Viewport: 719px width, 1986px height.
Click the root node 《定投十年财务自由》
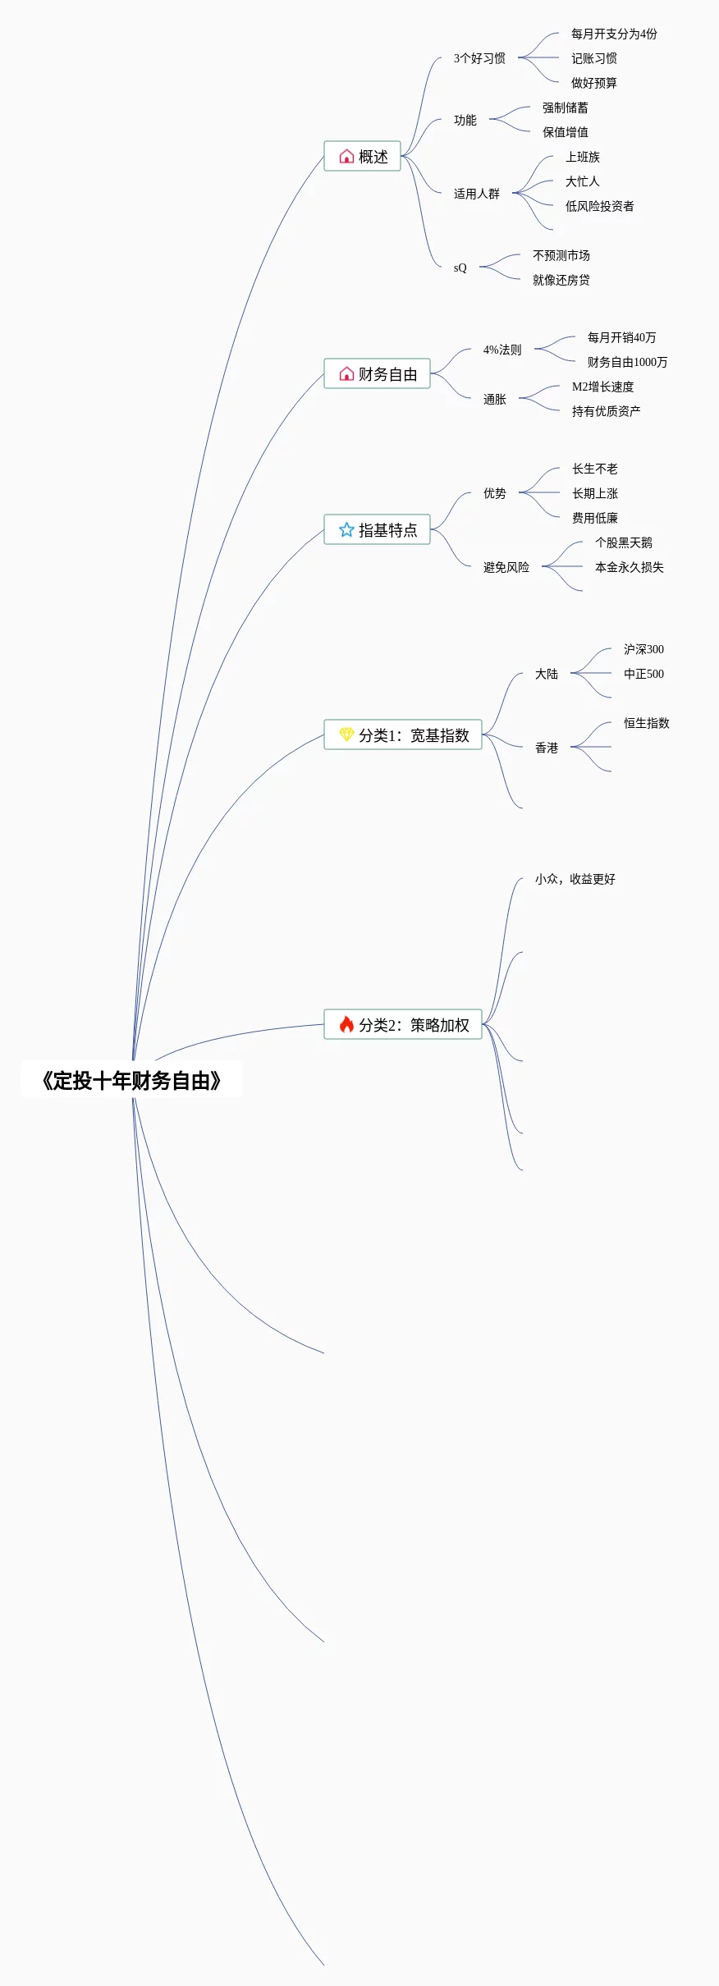[x=131, y=1081]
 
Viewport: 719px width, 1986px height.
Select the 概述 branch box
[x=362, y=156]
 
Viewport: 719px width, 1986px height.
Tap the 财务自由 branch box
[x=377, y=374]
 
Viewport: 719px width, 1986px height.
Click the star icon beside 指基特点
[x=346, y=530]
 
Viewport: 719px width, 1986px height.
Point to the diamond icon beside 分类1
[x=346, y=734]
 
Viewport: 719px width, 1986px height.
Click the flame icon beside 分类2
[x=346, y=1024]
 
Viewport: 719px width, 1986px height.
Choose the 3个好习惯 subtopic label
[x=479, y=58]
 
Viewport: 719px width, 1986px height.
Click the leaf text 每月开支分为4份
[x=614, y=34]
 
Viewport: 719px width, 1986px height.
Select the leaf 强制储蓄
[x=565, y=108]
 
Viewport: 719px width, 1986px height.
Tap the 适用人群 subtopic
[x=476, y=194]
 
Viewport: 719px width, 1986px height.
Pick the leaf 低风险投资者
[x=599, y=206]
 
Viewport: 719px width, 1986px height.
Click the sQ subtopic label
[x=460, y=268]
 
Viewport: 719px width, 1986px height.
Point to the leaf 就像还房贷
[x=561, y=280]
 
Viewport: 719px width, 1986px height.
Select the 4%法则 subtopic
[x=501, y=350]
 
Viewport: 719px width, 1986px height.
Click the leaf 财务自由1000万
[x=627, y=362]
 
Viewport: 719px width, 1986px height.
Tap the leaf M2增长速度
[x=602, y=387]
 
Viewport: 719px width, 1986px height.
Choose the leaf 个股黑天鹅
[x=623, y=542]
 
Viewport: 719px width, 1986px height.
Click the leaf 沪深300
[x=643, y=649]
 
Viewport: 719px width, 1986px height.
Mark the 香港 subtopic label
[x=546, y=748]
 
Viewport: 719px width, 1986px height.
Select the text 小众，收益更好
[x=575, y=879]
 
